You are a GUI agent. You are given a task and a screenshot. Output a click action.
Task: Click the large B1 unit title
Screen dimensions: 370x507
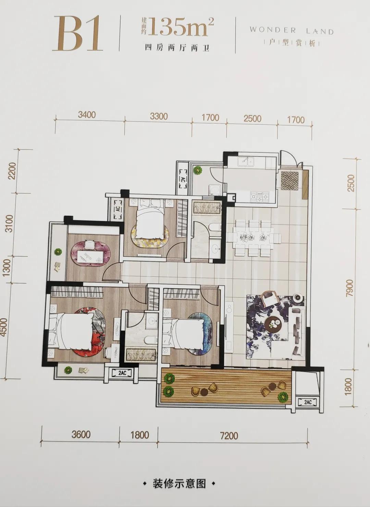[77, 34]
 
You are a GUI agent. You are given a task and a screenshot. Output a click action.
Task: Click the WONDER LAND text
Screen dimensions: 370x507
[292, 31]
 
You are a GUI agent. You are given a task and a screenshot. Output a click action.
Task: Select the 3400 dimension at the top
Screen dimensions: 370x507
[87, 115]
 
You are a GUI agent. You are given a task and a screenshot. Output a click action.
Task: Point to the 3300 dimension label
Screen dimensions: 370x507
[159, 116]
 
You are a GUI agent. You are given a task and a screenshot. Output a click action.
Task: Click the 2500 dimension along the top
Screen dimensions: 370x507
[252, 119]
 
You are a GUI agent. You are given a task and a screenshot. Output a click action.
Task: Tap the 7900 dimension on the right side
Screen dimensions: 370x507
[349, 288]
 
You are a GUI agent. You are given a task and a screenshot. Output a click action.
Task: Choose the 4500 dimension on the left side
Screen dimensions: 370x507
[4, 327]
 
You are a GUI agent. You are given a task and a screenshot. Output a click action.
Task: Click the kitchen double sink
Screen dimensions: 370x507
[246, 162]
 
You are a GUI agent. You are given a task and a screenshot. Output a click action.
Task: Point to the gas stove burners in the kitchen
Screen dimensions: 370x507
[259, 196]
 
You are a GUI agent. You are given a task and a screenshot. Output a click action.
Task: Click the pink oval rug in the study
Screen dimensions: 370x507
[91, 254]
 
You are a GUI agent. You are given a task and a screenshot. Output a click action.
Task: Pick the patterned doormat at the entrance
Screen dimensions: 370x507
[290, 180]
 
